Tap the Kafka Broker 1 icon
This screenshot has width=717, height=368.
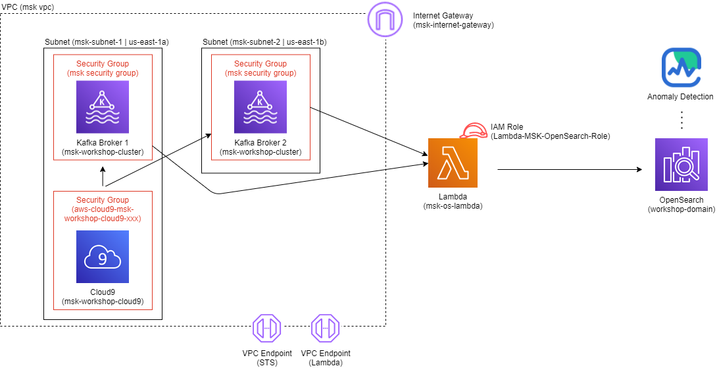pyautogui.click(x=102, y=107)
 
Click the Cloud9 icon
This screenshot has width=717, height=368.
pyautogui.click(x=102, y=257)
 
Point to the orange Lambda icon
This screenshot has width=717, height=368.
pyautogui.click(x=453, y=163)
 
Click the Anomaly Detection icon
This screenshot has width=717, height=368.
pyautogui.click(x=679, y=68)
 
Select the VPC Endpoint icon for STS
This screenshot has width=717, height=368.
pyautogui.click(x=267, y=327)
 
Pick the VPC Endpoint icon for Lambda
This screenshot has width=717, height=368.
pyautogui.click(x=325, y=327)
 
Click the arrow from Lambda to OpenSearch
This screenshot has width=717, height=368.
pyautogui.click(x=569, y=170)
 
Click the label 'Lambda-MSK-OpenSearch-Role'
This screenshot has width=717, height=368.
pyautogui.click(x=551, y=136)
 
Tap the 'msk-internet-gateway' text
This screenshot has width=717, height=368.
pyautogui.click(x=453, y=25)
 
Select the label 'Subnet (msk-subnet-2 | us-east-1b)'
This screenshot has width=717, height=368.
pyautogui.click(x=264, y=41)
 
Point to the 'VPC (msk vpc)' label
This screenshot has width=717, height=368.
pyautogui.click(x=28, y=6)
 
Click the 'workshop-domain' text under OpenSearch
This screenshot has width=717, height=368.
pyautogui.click(x=681, y=210)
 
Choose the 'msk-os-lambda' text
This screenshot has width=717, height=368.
pyautogui.click(x=453, y=206)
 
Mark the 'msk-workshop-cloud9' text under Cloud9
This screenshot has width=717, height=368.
pyautogui.click(x=102, y=302)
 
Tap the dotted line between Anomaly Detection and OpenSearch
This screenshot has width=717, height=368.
pyautogui.click(x=682, y=120)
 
